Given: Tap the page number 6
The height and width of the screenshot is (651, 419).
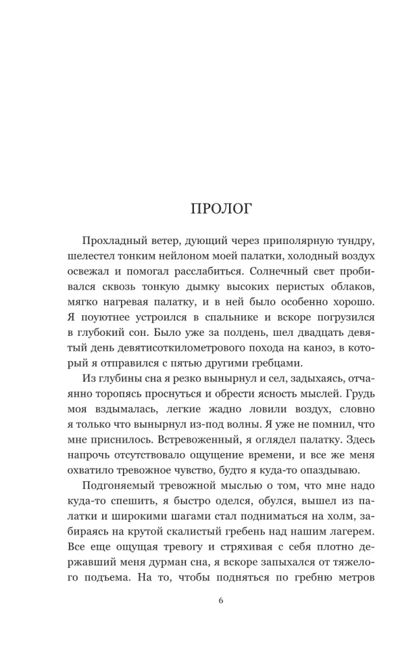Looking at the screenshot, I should tap(221, 600).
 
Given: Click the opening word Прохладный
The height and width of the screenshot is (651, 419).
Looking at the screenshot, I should tap(113, 243).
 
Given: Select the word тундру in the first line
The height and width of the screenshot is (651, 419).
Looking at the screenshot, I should tap(349, 243).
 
